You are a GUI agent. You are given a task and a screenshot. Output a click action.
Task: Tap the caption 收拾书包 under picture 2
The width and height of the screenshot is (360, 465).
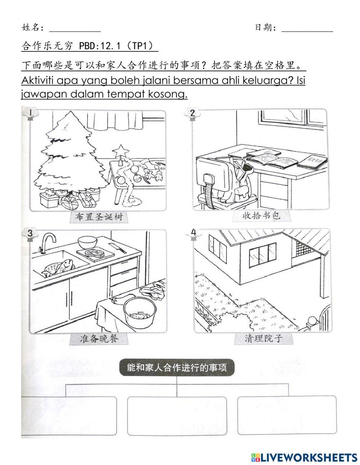coord(261,216)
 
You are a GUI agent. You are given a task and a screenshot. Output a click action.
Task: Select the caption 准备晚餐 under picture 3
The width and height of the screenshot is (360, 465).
coord(99,339)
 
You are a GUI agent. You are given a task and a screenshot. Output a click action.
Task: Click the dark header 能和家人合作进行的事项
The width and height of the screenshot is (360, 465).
coord(177,368)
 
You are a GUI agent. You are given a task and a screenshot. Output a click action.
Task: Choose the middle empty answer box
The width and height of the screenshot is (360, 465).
coord(177,416)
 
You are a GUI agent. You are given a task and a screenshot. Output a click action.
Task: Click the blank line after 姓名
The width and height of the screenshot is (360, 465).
coord(75,28)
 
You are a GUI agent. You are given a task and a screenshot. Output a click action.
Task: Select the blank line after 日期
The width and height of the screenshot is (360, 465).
coord(307,28)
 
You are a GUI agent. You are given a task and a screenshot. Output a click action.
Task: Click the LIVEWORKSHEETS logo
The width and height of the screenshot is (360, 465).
coord(304,457)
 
